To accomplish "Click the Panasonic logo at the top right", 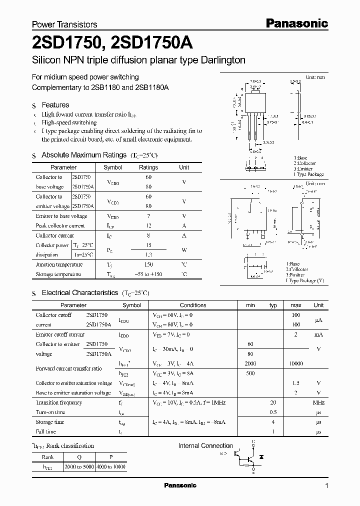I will click(296, 23).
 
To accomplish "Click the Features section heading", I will click(55, 105).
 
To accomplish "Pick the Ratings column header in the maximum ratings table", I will click(148, 167).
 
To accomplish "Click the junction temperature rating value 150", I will click(148, 264).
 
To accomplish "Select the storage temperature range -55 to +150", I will click(148, 274).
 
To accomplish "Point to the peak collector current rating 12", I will click(148, 225).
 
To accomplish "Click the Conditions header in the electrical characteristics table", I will click(193, 305).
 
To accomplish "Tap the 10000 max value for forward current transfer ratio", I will click(295, 363).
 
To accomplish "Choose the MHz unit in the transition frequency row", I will click(318, 402).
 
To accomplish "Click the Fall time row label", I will click(46, 431).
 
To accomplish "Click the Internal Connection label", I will click(205, 446).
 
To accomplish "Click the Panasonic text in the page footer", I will click(180, 485).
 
